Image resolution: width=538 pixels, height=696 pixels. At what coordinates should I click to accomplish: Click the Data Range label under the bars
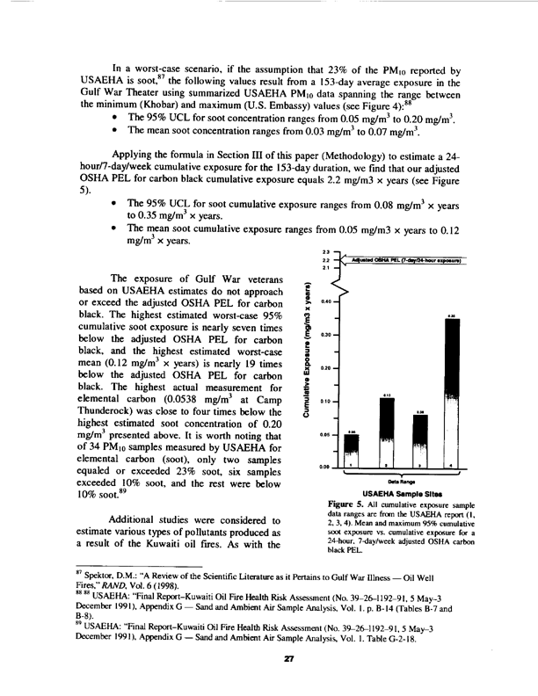tap(401, 480)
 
